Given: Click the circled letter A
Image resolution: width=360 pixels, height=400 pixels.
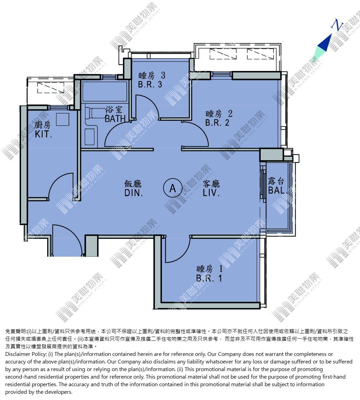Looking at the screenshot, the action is [x=173, y=188].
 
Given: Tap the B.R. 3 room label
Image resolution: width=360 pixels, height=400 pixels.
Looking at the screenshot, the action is [x=150, y=84].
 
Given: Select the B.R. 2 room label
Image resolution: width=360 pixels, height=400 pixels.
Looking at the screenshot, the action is [x=217, y=123].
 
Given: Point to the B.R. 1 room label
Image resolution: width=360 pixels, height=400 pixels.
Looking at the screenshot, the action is [x=209, y=278].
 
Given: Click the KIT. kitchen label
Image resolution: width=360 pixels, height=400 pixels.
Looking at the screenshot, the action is [x=43, y=134].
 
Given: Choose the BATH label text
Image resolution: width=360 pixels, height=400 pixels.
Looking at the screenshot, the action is [x=115, y=119].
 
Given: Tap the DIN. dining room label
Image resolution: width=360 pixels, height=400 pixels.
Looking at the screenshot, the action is [x=133, y=193].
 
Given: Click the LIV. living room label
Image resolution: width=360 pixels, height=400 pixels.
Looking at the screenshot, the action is [x=211, y=193].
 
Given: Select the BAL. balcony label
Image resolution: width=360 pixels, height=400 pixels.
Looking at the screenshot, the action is [x=278, y=190].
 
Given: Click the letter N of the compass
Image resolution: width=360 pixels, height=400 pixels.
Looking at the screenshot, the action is [x=337, y=25].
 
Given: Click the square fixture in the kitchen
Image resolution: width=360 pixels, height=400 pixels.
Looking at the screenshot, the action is [x=62, y=120].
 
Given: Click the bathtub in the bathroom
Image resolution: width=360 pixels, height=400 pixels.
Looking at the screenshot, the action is [x=104, y=91].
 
